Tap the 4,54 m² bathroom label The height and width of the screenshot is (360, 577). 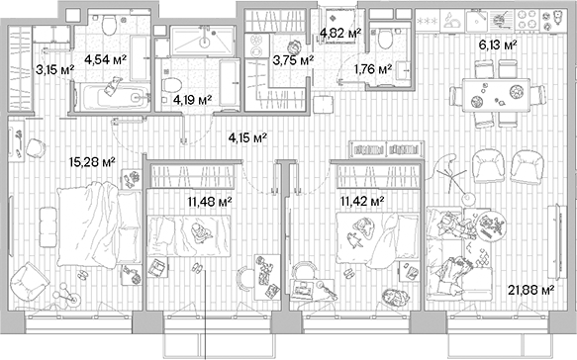(105, 58)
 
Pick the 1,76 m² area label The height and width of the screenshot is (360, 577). (372, 69)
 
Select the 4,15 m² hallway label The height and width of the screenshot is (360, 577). (247, 137)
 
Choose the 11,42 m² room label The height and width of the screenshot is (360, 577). (361, 201)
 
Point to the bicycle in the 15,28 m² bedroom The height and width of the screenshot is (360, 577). (65, 295)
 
